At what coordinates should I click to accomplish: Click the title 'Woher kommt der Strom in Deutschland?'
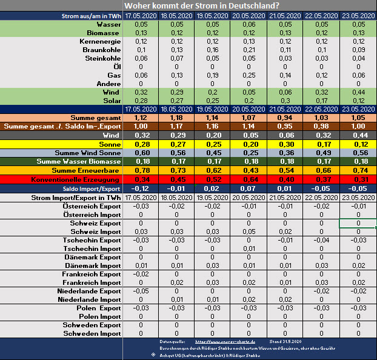coord(188,5)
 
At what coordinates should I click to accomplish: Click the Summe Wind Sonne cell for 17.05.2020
coord(141,153)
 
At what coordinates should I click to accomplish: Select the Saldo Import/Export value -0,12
coord(141,189)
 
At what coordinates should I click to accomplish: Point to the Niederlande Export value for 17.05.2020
coord(141,290)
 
